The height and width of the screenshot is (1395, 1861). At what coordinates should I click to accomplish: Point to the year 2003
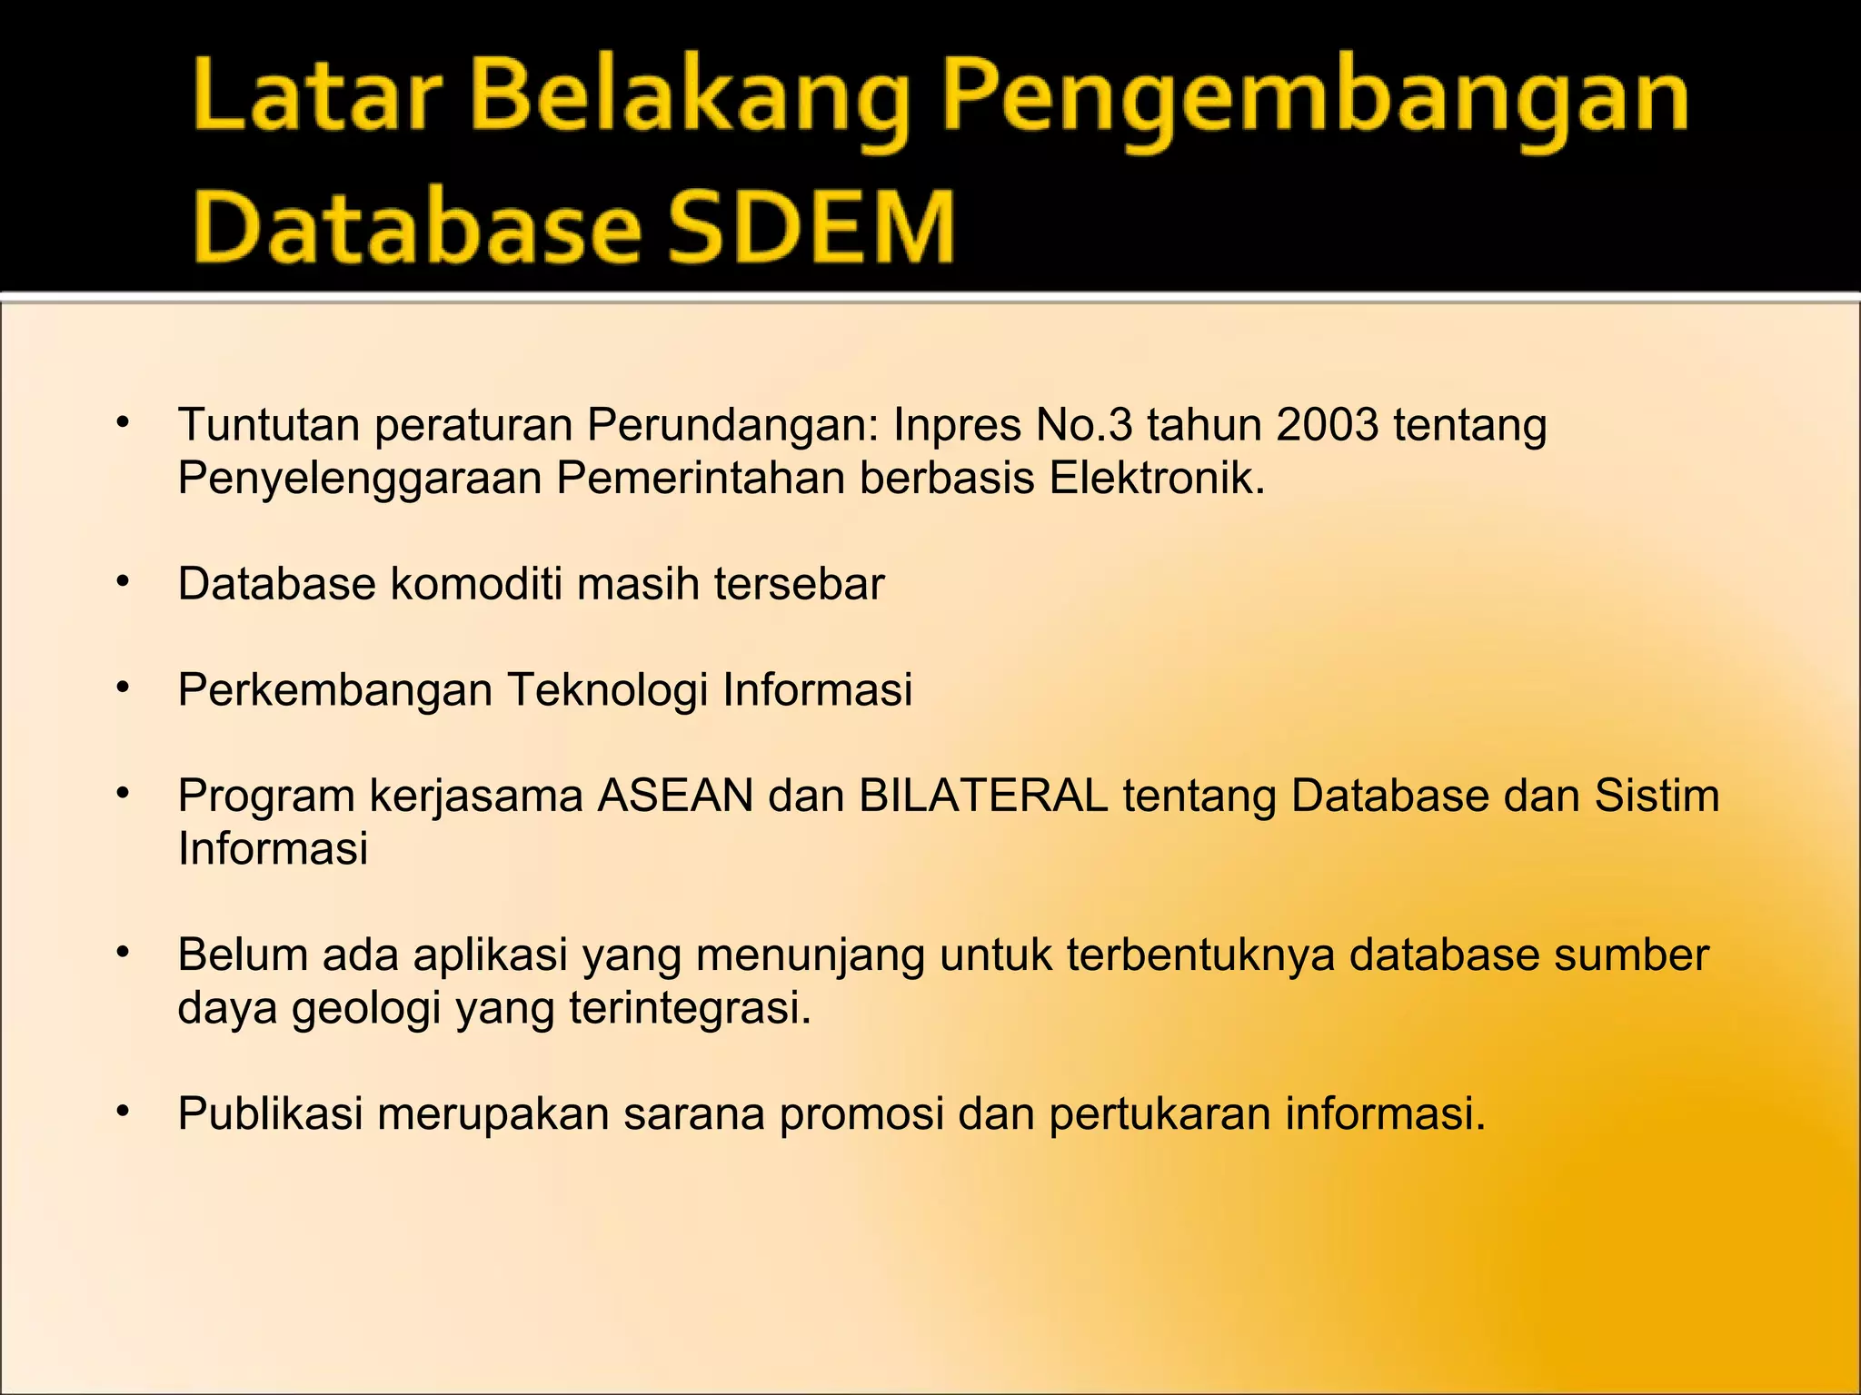[x=1327, y=425]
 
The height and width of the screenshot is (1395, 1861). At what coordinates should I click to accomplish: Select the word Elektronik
[x=1156, y=478]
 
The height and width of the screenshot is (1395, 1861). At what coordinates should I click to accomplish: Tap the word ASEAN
[x=675, y=796]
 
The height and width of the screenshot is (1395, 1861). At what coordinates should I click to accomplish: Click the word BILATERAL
[x=983, y=796]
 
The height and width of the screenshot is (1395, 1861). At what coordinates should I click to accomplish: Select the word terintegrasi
[x=690, y=1008]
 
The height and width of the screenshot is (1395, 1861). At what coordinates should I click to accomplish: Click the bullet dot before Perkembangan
[x=124, y=688]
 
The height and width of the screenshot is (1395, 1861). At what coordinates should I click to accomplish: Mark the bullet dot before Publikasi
[x=124, y=1112]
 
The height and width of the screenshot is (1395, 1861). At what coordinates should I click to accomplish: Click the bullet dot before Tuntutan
[x=124, y=423]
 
